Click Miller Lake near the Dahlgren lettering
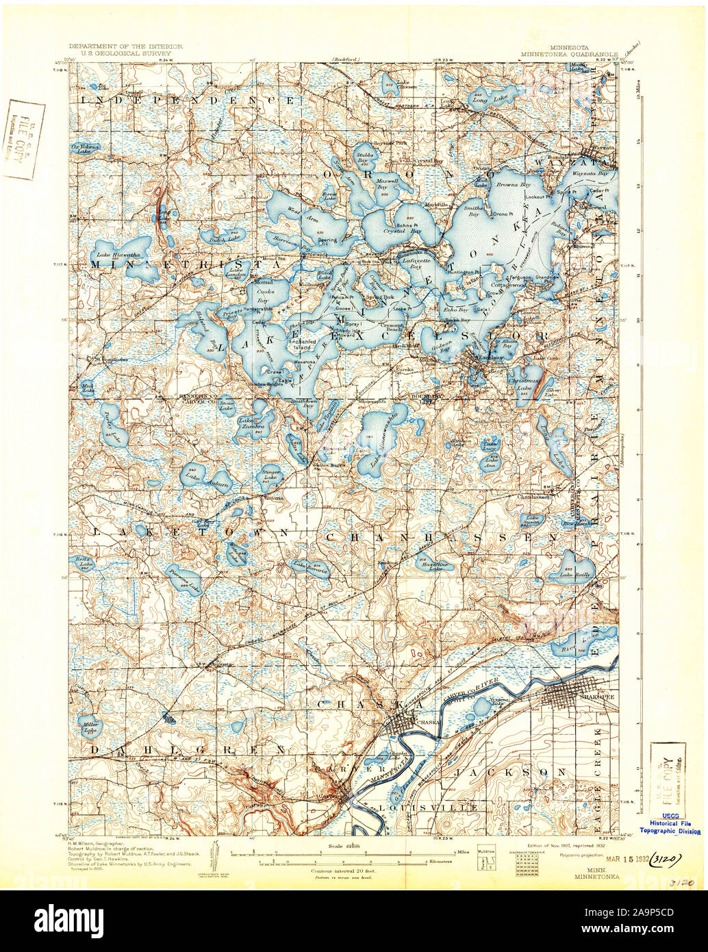tap(89, 727)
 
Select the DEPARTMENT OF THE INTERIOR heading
tap(125, 42)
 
